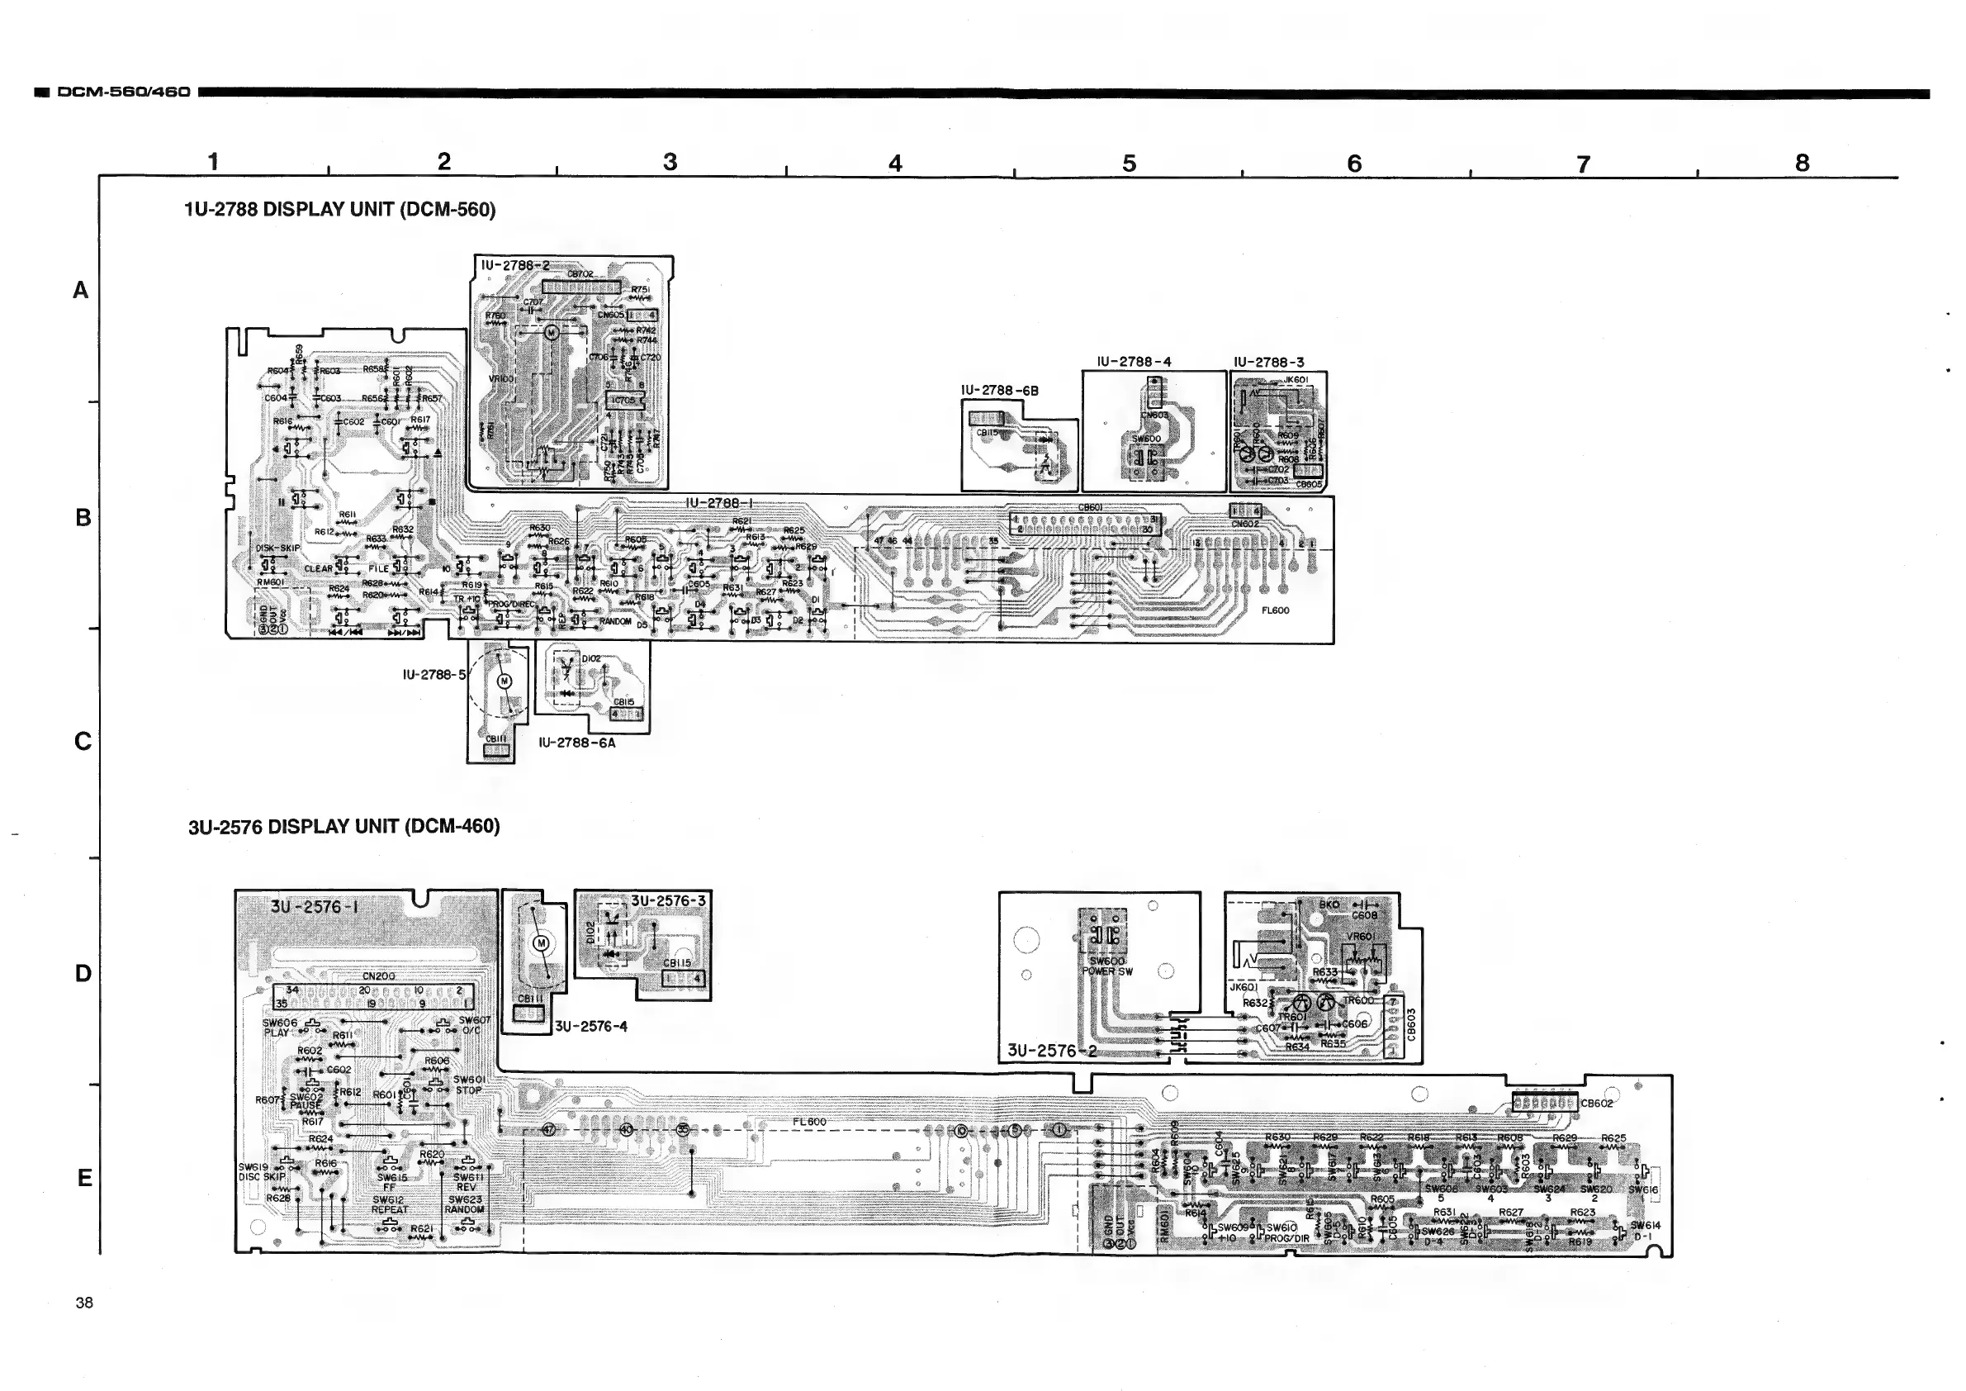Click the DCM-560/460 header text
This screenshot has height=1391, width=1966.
123,92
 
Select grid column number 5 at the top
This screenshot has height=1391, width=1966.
1129,163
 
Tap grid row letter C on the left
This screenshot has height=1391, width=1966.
83,741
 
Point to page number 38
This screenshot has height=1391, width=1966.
84,1303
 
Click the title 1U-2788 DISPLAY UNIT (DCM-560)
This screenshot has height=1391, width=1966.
340,210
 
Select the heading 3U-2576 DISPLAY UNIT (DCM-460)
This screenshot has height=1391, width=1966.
343,827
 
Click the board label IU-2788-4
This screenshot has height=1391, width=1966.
1134,362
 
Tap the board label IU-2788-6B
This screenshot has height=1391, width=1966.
999,391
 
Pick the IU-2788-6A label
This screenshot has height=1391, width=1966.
576,743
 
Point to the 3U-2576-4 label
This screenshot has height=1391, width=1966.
591,1026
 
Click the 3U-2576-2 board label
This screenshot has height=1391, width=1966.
1051,1050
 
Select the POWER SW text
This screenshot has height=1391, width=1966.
1106,971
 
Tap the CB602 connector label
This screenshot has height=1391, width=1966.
1596,1104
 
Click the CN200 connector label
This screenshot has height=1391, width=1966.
378,976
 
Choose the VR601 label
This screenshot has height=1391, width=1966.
1361,936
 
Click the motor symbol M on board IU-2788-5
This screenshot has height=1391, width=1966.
505,681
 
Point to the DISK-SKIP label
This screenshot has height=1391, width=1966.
278,548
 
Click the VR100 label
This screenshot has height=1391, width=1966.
501,378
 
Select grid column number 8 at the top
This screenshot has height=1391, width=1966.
1803,163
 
